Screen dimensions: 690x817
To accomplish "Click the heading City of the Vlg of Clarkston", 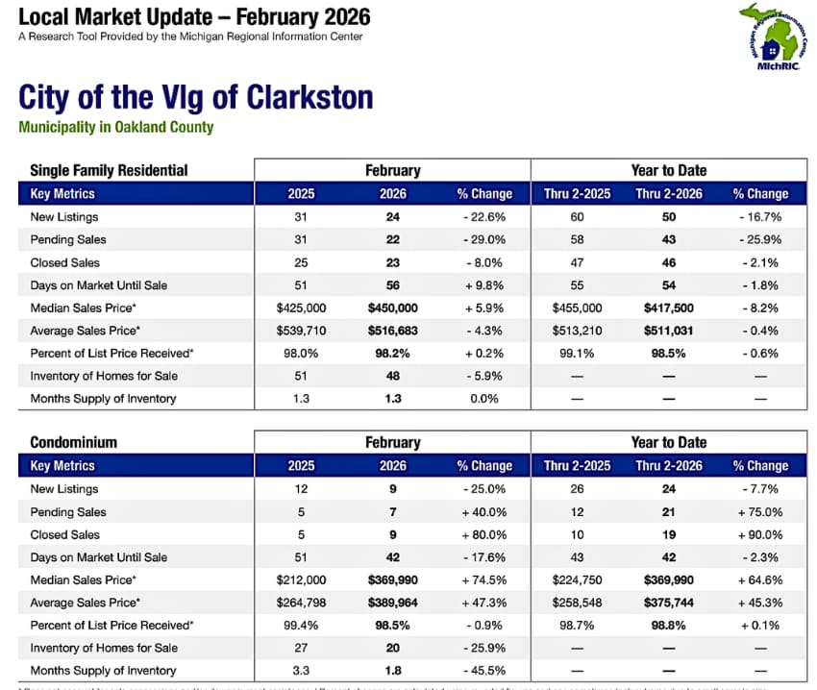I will (x=195, y=98).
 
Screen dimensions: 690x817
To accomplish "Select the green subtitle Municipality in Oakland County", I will (x=115, y=127).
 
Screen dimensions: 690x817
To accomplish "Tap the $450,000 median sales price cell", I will (x=392, y=308).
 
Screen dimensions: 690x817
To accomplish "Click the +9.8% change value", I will (x=484, y=285).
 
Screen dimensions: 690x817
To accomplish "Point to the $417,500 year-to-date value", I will (x=668, y=308).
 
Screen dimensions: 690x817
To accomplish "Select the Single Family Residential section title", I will (x=109, y=170).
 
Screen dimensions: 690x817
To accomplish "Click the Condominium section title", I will (x=73, y=442).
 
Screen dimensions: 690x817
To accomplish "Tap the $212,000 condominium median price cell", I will (x=301, y=580).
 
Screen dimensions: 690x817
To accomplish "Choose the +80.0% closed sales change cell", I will (x=484, y=534).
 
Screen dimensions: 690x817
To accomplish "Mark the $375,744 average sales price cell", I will (x=668, y=604).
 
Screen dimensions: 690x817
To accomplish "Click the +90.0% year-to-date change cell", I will (x=760, y=534).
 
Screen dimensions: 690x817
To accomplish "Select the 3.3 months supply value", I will (x=301, y=671).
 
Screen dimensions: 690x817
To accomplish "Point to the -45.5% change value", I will (x=484, y=671).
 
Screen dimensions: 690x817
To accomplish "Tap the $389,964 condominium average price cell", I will (x=392, y=604).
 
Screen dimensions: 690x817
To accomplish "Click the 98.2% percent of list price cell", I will (x=392, y=354).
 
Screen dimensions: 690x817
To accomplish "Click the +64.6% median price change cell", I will (x=760, y=580).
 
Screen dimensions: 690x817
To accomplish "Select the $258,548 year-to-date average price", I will (x=577, y=604).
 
